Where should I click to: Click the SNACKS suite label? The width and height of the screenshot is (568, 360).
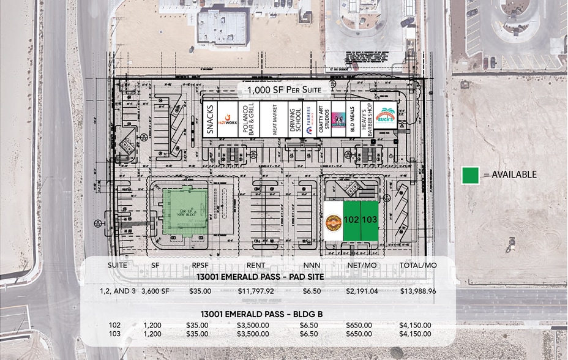click(x=210, y=119)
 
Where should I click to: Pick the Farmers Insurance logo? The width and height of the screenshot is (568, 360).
click(x=307, y=119)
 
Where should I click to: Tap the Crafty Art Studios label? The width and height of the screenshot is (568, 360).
click(x=323, y=119)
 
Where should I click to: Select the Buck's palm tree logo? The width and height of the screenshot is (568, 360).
click(x=386, y=117)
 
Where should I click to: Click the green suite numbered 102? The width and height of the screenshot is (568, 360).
click(x=351, y=220)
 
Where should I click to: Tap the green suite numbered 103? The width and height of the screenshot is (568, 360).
click(x=369, y=220)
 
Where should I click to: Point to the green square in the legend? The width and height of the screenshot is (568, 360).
click(x=470, y=175)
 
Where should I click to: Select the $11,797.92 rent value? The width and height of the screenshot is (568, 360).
click(x=255, y=291)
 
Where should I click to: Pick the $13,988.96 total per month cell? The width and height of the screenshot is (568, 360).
click(x=418, y=291)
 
